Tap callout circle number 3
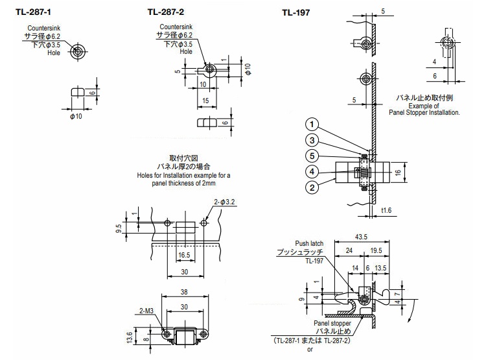pos(312,140)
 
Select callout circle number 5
pos(312,156)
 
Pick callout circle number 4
pos(312,171)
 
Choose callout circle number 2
pos(312,187)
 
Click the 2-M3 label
pos(146,312)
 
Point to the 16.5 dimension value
pos(183,256)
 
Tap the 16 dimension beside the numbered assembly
pos(415,173)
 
